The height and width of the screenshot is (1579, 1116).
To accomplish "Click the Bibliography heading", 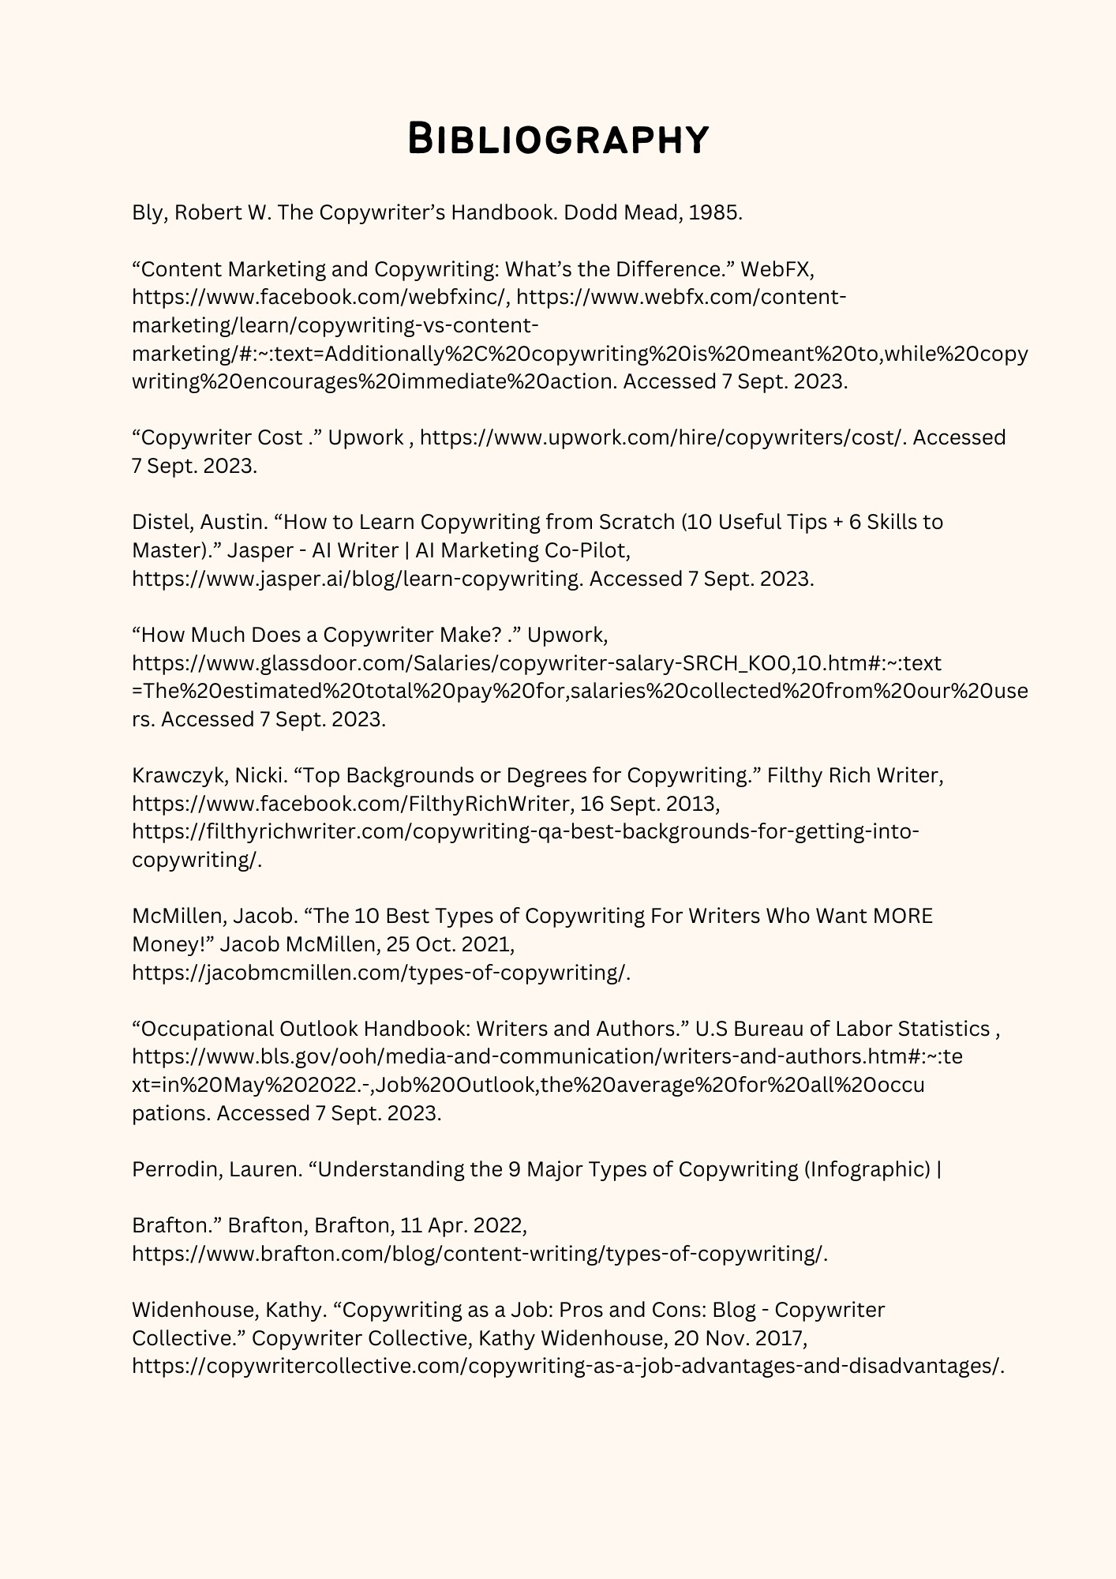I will [x=558, y=140].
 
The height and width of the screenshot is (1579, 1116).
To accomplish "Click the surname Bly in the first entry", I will [x=148, y=213].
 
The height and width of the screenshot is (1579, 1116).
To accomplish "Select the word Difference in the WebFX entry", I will [x=674, y=269].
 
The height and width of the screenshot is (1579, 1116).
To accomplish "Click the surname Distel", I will [x=162, y=522].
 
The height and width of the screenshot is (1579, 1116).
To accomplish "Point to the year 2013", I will [x=691, y=804].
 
